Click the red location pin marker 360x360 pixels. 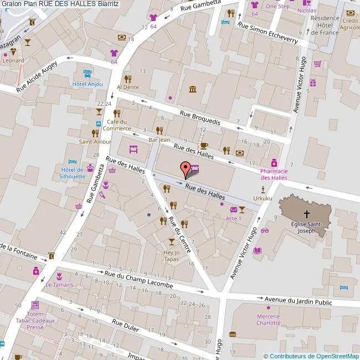click(186, 169)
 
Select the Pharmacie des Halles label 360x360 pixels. click(274, 174)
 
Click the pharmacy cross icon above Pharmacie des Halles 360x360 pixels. click(274, 163)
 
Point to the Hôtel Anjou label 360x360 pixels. click(88, 84)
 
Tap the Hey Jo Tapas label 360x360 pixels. click(172, 255)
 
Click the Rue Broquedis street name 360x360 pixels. click(200, 117)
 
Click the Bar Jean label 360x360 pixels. click(159, 140)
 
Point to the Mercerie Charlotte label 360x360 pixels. click(268, 320)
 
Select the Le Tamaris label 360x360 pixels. click(59, 285)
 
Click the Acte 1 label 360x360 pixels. click(233, 219)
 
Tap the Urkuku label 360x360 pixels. click(263, 198)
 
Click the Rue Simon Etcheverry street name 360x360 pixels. click(268, 33)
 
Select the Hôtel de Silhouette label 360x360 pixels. click(73, 173)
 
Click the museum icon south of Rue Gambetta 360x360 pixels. click(192, 90)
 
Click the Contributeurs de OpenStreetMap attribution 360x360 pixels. click(311, 356)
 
